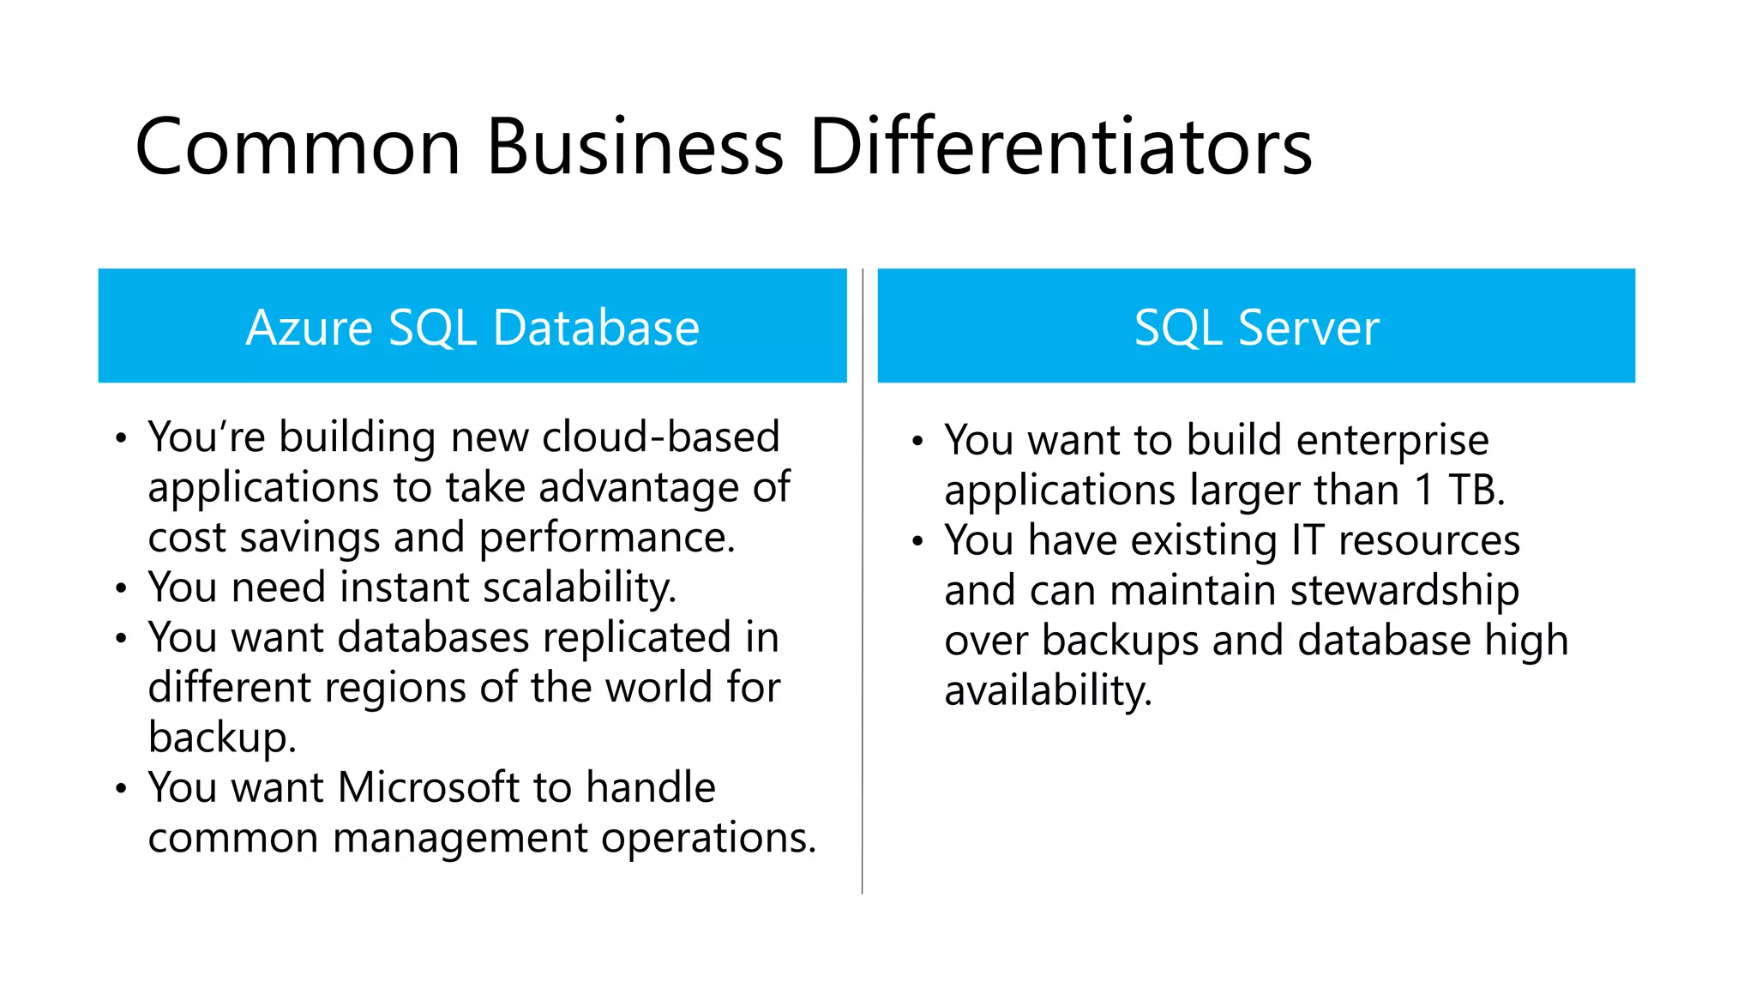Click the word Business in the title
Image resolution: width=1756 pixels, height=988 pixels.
634,148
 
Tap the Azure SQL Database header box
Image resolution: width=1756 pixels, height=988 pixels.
472,326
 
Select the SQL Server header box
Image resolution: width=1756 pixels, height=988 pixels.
1256,326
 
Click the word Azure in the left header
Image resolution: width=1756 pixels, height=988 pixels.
309,328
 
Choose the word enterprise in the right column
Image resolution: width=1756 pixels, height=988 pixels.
1392,441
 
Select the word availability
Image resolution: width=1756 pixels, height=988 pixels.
1048,691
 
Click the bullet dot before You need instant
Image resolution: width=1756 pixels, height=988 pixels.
122,589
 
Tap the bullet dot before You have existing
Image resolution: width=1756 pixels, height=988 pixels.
917,542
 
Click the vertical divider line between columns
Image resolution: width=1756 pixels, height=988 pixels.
863,600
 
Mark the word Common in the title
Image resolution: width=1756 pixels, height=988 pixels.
298,148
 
